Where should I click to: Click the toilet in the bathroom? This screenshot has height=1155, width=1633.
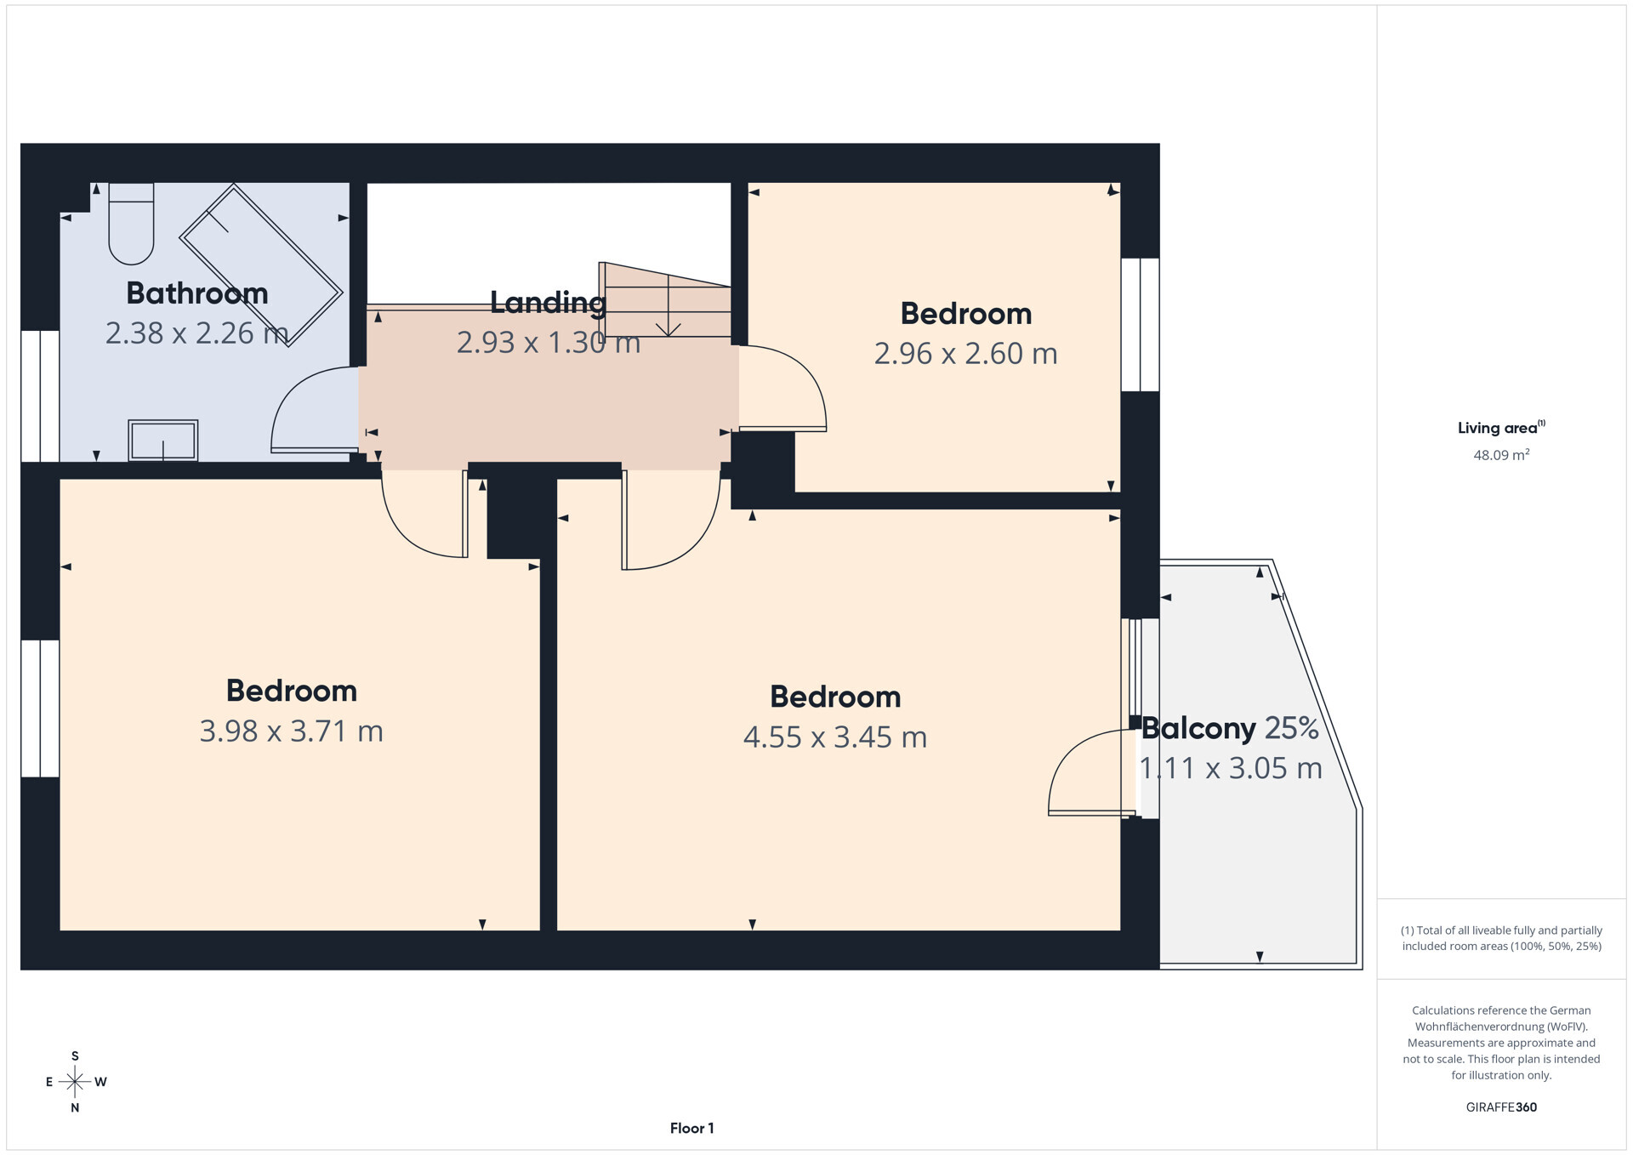[131, 225]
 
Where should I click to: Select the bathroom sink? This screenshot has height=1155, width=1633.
[162, 441]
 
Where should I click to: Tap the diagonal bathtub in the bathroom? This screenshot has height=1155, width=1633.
[260, 265]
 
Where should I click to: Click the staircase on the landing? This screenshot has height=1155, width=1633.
[666, 302]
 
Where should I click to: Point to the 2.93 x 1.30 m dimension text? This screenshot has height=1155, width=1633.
[548, 343]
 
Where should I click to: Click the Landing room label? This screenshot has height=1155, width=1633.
[548, 302]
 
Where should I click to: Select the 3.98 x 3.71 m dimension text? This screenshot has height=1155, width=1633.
[291, 731]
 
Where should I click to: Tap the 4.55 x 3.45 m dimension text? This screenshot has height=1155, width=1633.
[834, 737]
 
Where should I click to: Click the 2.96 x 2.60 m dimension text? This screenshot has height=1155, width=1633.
[965, 354]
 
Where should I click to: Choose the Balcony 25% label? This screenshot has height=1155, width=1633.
[1229, 729]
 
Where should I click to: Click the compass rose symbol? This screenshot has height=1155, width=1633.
[75, 1082]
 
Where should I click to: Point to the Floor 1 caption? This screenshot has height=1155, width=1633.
[691, 1129]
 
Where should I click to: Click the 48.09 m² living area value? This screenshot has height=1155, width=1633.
[1501, 455]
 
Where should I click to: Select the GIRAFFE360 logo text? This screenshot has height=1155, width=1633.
[1501, 1107]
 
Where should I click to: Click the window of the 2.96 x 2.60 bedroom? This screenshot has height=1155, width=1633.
[1140, 324]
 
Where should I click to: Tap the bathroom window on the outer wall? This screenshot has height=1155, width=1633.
[40, 395]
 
